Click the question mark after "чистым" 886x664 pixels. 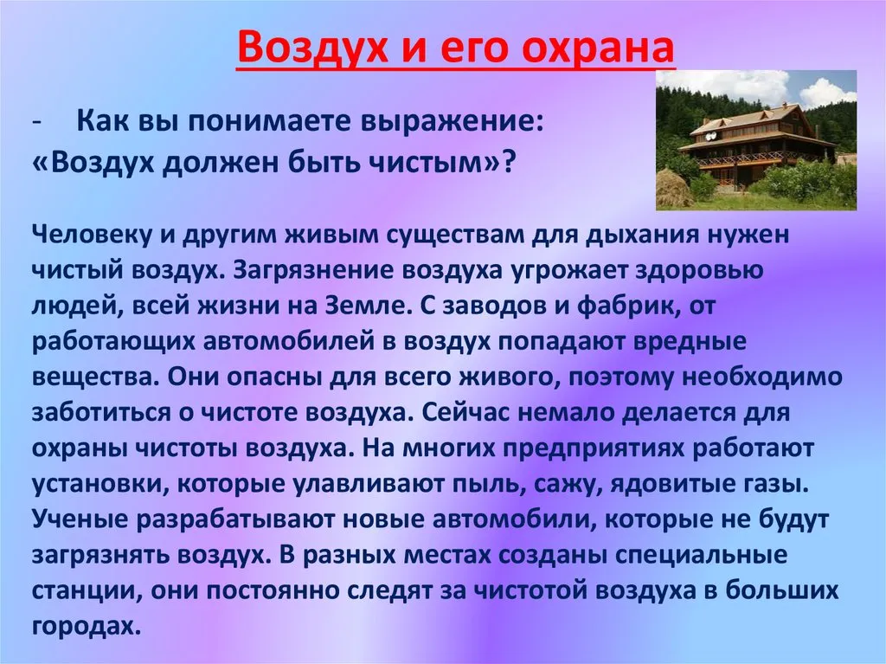508,163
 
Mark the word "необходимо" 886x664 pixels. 762,377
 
